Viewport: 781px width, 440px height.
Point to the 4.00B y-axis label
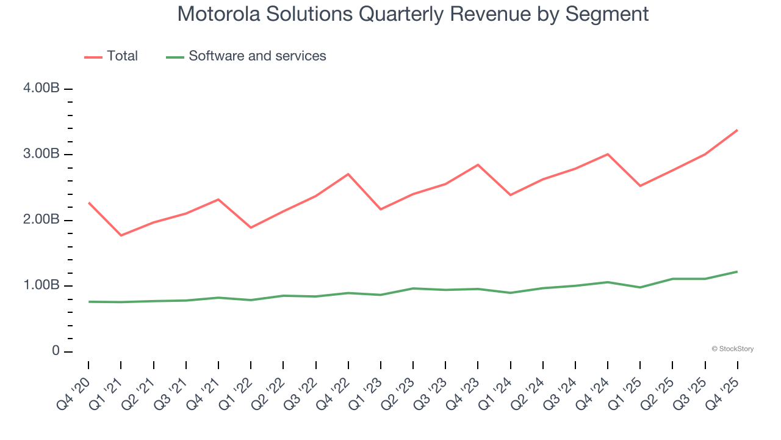point(41,89)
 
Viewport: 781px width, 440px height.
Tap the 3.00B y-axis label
point(41,154)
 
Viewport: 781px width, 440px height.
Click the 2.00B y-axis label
point(41,220)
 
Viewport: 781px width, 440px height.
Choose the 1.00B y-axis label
point(41,286)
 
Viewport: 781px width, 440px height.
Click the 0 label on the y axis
point(56,351)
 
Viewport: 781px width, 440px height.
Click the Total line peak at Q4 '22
point(348,174)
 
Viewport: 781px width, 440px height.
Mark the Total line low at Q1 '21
point(121,235)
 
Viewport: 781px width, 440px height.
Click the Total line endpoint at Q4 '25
point(737,130)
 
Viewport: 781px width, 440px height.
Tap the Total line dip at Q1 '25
point(640,186)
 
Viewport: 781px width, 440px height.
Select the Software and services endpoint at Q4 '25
point(737,271)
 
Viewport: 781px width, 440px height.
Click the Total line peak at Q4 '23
point(478,164)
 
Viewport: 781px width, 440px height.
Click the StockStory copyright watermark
point(732,349)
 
